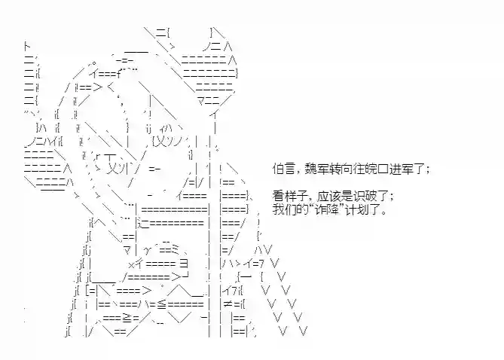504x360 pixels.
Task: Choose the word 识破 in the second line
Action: [x=365, y=196]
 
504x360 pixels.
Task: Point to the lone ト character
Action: [x=27, y=47]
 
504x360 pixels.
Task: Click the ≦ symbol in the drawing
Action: [x=162, y=304]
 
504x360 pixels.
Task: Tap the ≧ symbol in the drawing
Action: [x=127, y=318]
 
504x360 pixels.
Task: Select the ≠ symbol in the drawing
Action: [x=228, y=304]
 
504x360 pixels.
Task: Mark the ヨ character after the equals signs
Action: [x=184, y=264]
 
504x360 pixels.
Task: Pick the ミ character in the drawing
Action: [x=177, y=250]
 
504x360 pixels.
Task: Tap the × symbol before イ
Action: [x=131, y=264]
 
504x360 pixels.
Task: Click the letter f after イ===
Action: [x=119, y=75]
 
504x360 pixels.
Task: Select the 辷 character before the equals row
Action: [x=145, y=224]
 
